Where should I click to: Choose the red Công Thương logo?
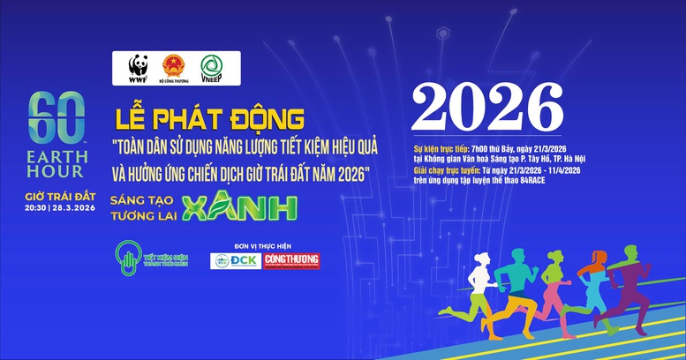(292, 260)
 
